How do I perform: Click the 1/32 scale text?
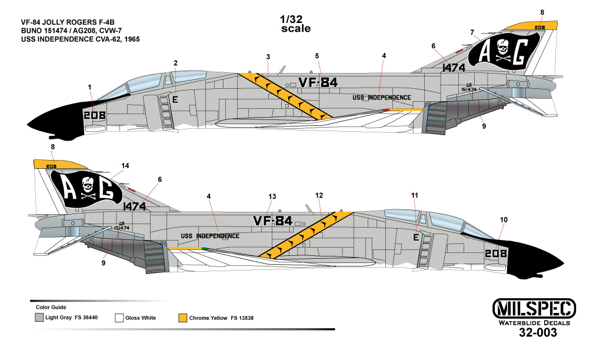pyautogui.click(x=295, y=24)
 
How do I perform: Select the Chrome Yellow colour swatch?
pyautogui.click(x=183, y=318)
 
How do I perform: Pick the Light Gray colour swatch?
pyautogui.click(x=39, y=318)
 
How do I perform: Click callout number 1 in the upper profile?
pyautogui.click(x=89, y=87)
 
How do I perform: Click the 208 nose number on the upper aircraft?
pyautogui.click(x=94, y=115)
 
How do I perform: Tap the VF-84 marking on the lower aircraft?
pyautogui.click(x=272, y=221)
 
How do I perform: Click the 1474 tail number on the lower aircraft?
pyautogui.click(x=135, y=206)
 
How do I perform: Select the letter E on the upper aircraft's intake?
pyautogui.click(x=175, y=100)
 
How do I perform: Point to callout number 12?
pyautogui.click(x=319, y=195)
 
